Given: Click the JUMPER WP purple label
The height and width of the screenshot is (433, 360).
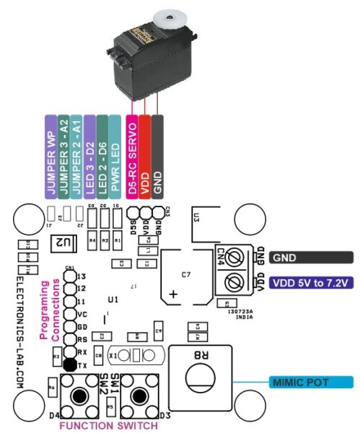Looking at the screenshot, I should click(51, 156).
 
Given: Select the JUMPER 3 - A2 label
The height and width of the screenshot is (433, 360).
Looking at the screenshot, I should click(63, 156).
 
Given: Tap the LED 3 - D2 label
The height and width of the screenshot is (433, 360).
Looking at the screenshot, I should click(89, 156).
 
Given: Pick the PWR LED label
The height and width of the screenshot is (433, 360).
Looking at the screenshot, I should click(115, 156).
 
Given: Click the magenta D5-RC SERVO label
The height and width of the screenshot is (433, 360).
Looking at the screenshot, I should click(131, 156).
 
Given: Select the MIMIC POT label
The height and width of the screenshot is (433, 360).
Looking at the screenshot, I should click(310, 380).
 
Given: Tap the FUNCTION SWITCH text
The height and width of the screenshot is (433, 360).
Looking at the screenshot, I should click(109, 426).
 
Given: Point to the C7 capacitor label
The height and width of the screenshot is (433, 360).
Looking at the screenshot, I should click(185, 274).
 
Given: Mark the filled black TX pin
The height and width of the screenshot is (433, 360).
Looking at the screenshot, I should click(69, 364).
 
